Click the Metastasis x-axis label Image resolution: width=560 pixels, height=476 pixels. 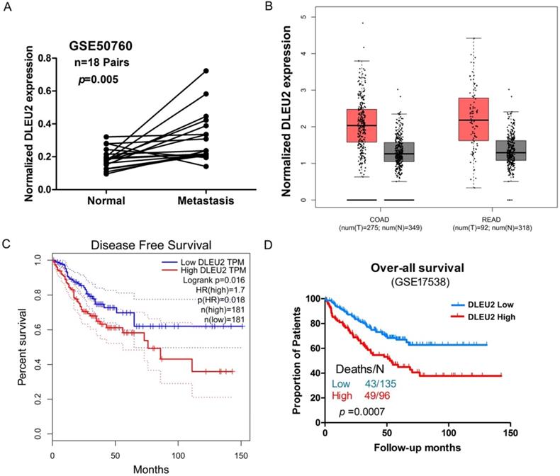[204, 200]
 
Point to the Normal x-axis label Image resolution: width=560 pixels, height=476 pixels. [106, 200]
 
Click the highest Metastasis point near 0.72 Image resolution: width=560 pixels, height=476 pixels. [206, 71]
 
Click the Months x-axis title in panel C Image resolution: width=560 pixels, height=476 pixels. [149, 467]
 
